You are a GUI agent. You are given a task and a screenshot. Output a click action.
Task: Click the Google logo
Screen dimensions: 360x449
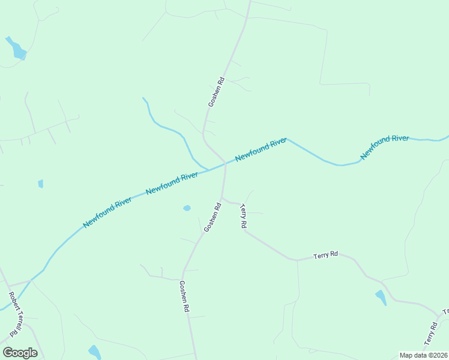pos(20,353)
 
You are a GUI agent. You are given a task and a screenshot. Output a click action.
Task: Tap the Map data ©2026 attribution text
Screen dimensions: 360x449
pos(423,355)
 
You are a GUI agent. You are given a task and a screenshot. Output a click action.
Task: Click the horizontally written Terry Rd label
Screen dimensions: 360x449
pos(325,255)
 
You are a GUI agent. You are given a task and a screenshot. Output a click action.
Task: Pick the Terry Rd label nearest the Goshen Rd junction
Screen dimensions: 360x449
pos(243,216)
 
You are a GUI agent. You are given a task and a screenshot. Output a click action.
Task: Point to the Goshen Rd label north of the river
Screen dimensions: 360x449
pos(216,92)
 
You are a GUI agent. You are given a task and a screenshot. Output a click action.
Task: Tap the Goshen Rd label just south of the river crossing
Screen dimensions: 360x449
pos(212,217)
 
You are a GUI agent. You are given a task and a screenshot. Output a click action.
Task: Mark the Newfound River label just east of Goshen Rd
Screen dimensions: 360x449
pos(261,149)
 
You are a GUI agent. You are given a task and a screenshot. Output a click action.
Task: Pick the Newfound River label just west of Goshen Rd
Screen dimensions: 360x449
pos(172,183)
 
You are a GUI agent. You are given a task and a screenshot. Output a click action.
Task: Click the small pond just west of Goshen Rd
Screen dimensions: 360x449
pos(187,208)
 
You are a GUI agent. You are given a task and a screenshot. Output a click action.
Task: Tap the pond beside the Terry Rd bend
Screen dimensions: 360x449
pos(381,297)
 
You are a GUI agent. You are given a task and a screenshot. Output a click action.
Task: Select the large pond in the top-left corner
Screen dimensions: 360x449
pos(17,49)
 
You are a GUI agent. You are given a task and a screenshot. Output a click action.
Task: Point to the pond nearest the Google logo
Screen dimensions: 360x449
pos(94,352)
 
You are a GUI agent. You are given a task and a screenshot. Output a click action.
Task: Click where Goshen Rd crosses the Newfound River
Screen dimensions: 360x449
pos(225,164)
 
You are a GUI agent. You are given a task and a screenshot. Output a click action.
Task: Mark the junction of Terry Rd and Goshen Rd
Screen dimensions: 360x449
pos(222,197)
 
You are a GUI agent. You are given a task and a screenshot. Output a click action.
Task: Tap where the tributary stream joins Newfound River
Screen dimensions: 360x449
pos(207,170)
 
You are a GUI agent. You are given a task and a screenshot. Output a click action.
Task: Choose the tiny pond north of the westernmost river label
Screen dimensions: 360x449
pos(40,184)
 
